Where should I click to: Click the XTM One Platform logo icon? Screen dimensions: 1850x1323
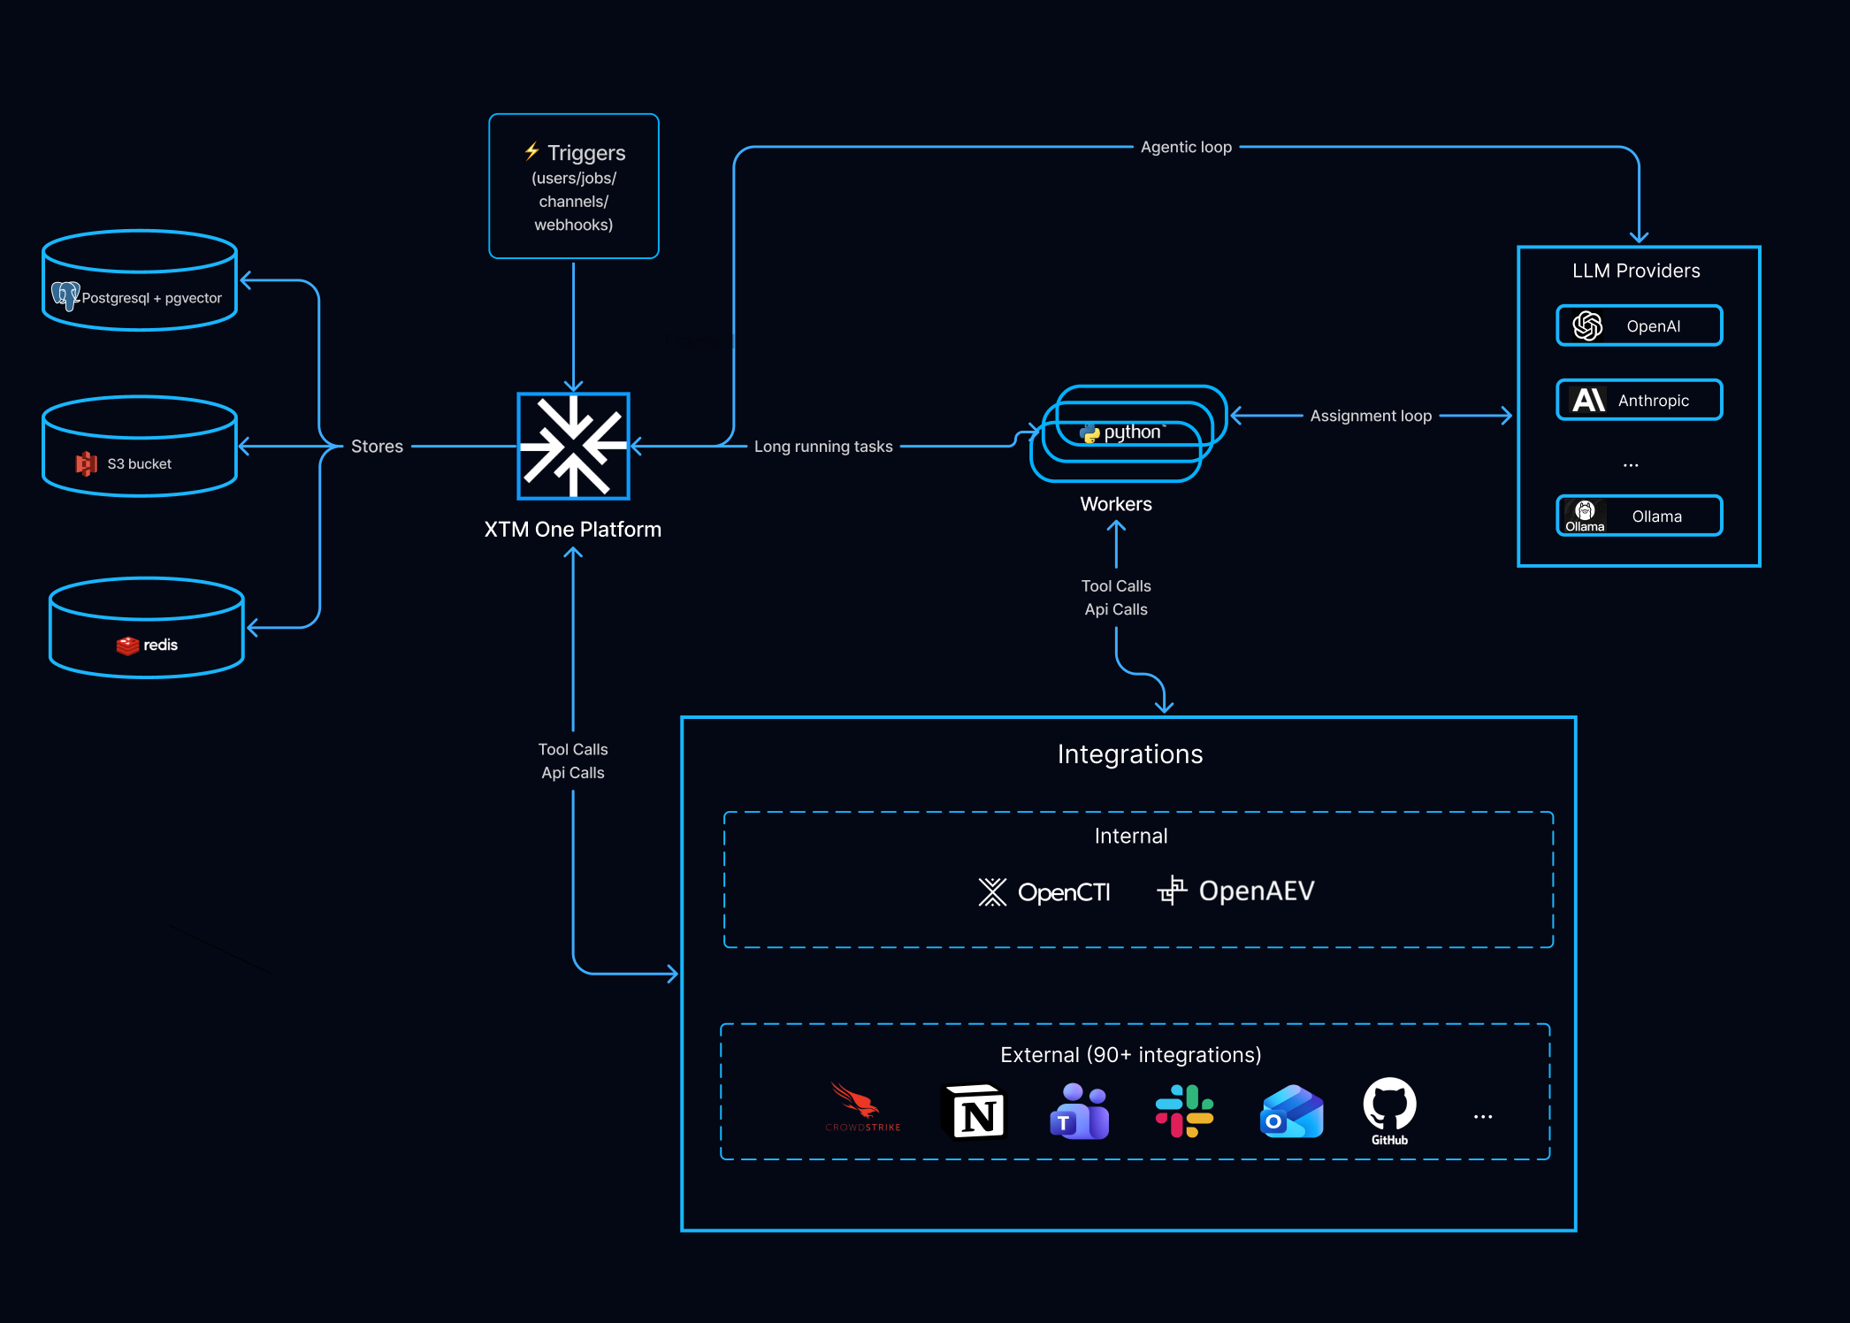(573, 446)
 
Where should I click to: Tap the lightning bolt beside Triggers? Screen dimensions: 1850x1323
(531, 151)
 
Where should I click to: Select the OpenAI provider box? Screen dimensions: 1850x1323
(1639, 325)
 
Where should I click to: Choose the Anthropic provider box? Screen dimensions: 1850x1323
(1639, 400)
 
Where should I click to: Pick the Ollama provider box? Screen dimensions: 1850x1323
(1639, 516)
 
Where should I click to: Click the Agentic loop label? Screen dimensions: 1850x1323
(1186, 147)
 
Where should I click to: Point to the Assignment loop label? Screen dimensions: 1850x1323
(1371, 416)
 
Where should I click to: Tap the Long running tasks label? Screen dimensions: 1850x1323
(823, 447)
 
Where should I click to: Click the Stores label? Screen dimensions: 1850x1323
(377, 447)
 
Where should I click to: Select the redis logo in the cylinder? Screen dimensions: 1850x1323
(147, 645)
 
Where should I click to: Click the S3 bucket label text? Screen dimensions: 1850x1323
(140, 463)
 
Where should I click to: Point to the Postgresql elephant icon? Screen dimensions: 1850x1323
(66, 295)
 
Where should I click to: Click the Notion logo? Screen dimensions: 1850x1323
(976, 1112)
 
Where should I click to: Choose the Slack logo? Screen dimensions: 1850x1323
(1184, 1112)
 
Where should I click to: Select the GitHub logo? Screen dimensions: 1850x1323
(1389, 1112)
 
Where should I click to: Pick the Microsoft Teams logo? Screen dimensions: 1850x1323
(1079, 1112)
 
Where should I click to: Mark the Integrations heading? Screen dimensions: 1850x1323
(1130, 754)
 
